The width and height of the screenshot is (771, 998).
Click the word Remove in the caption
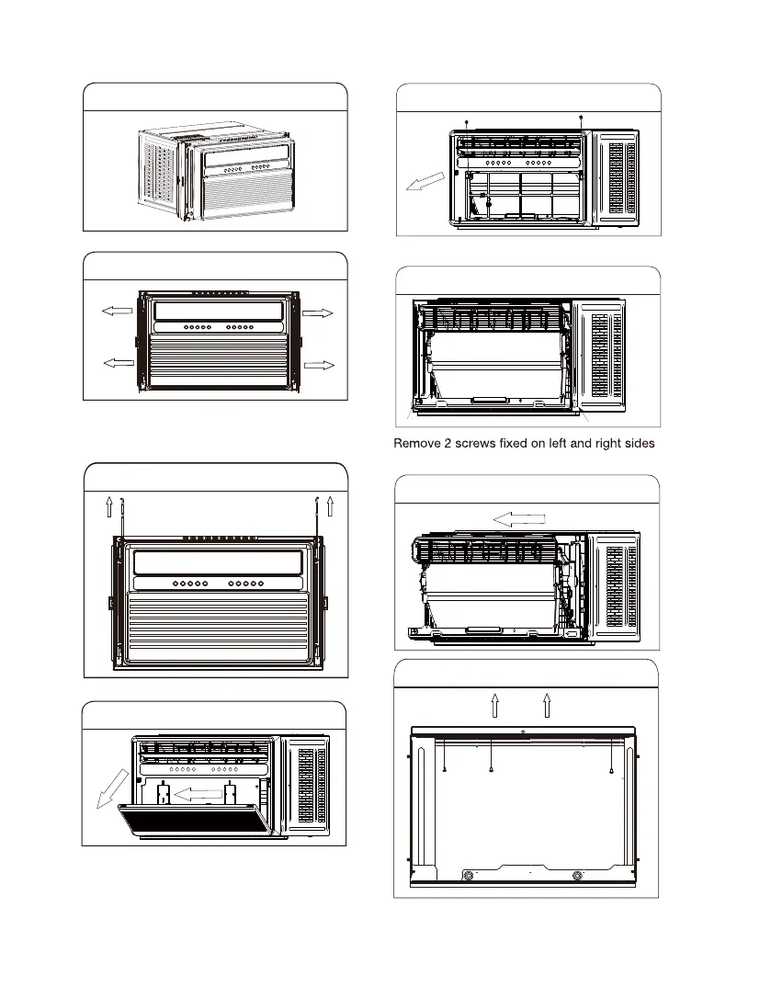[x=415, y=444]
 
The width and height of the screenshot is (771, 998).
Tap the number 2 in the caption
[x=448, y=444]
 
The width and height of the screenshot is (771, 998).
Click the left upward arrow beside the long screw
[x=108, y=506]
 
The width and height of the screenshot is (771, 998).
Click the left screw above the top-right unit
[x=467, y=121]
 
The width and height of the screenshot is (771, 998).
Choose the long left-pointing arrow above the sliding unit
[x=520, y=520]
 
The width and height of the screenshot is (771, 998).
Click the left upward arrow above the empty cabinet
[x=495, y=705]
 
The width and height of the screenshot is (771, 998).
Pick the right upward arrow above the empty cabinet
[x=547, y=705]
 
